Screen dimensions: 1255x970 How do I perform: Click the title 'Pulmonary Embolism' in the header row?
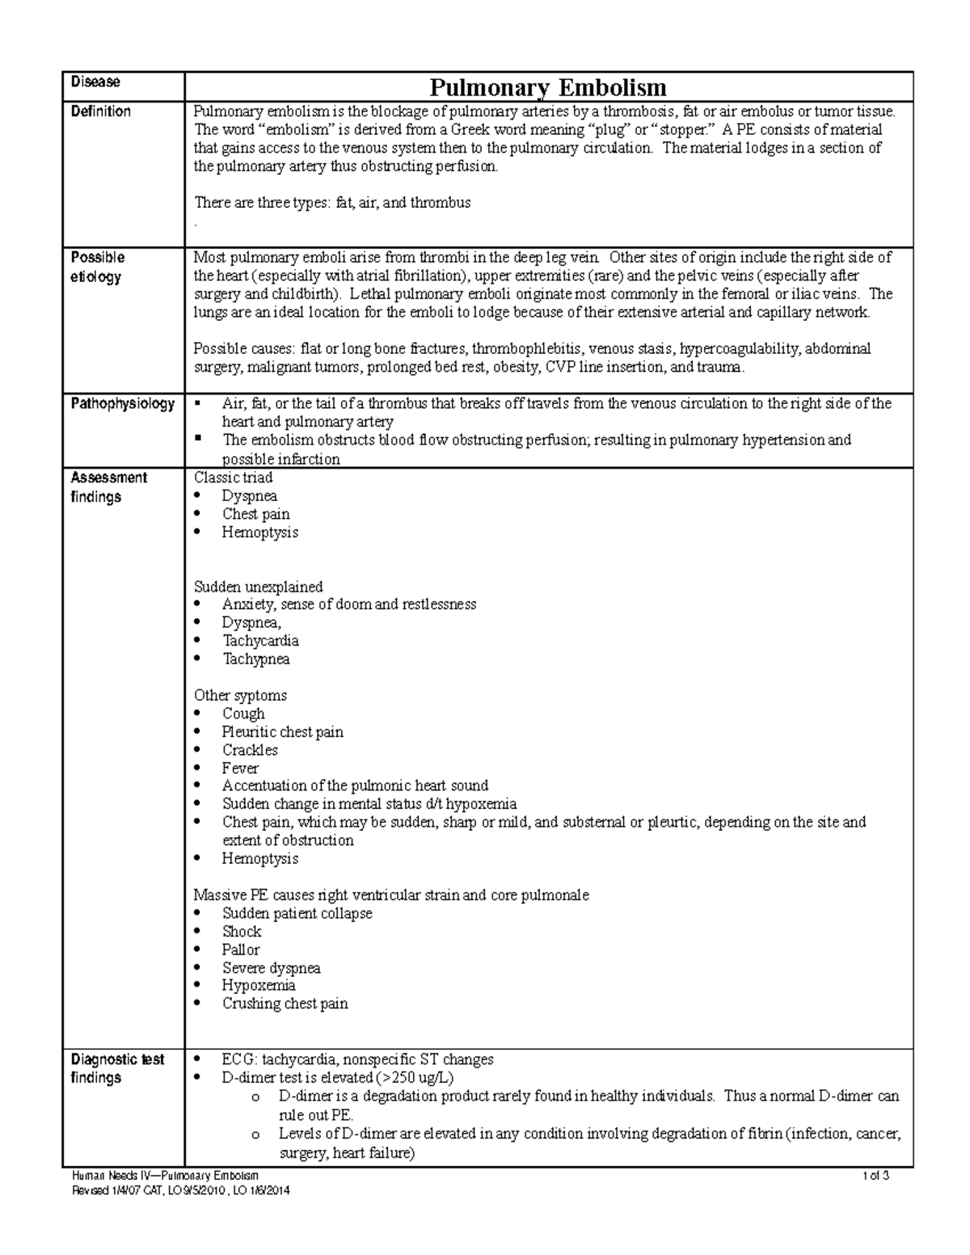547,87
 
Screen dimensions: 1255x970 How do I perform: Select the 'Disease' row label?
95,82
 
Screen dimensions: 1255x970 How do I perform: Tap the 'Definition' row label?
101,112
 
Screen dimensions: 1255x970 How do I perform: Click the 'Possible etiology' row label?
97,267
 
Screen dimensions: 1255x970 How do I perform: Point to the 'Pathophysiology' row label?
123,403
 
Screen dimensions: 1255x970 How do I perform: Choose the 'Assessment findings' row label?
108,487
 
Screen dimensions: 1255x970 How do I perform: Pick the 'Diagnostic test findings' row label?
117,1068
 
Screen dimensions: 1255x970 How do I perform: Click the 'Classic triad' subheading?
233,478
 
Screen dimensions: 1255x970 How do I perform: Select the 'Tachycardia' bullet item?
260,641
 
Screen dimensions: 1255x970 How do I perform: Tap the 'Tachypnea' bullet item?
255,659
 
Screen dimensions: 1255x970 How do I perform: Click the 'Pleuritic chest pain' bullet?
282,732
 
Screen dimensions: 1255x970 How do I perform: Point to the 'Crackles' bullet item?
250,750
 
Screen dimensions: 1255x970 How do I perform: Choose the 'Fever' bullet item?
240,769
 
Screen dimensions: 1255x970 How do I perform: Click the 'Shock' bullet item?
242,932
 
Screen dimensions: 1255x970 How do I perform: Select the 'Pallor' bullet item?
241,950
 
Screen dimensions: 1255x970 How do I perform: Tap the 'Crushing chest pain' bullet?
285,1004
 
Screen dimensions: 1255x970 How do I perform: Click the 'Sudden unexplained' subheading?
258,587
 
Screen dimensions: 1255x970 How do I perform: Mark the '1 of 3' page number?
876,1176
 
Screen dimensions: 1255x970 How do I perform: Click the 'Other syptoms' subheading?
240,696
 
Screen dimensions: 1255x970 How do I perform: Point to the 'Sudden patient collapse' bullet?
297,913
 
